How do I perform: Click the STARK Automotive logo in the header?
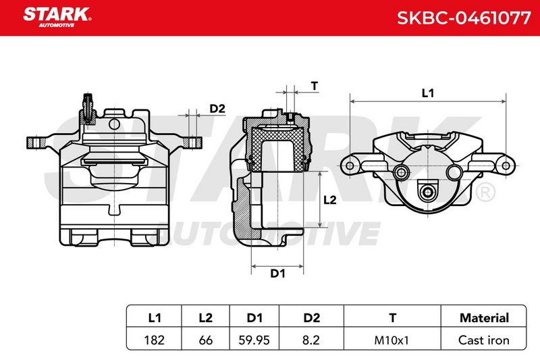tap(57, 17)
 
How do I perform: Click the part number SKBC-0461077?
tap(464, 18)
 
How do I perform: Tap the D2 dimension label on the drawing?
tap(217, 109)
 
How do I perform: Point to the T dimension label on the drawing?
tap(314, 86)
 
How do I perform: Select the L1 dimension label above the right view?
tap(428, 93)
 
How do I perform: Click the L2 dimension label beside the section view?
tap(329, 200)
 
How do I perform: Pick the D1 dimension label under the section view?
tap(277, 274)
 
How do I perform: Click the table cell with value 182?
tap(154, 340)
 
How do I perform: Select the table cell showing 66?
tap(206, 340)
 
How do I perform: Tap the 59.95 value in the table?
tap(254, 340)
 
